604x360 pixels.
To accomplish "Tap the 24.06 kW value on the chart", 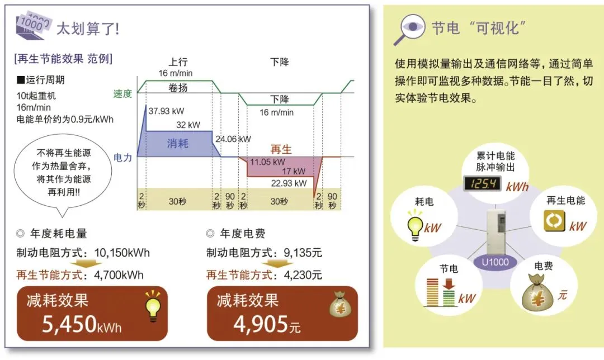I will pos(233,139).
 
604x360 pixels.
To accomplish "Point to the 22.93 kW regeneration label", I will pos(289,183).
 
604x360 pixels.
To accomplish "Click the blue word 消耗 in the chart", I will pos(178,143).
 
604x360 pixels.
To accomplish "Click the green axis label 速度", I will pos(122,94).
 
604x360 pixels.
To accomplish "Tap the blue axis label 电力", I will pos(122,158).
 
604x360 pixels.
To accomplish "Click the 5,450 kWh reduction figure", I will pos(82,324).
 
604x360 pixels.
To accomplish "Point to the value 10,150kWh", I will pos(118,253).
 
